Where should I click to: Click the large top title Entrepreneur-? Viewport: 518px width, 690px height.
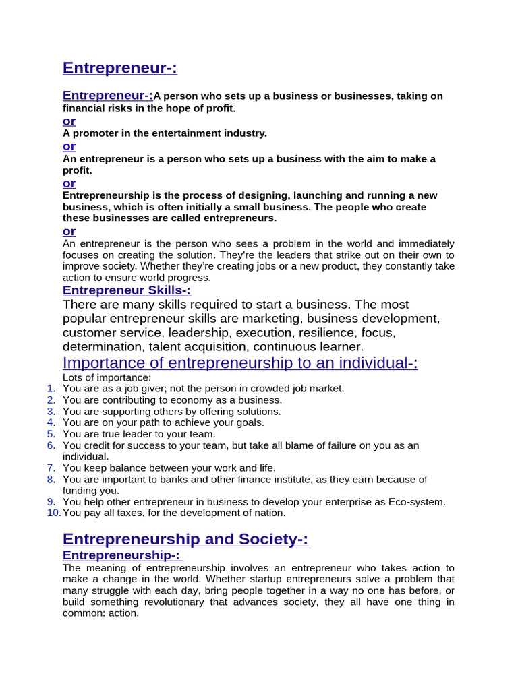(119, 68)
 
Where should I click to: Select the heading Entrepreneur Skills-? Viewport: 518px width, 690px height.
(126, 290)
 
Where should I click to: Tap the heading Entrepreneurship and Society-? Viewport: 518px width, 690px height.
(185, 539)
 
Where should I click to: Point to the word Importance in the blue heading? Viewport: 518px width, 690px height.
(96, 363)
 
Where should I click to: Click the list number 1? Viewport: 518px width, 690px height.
(51, 388)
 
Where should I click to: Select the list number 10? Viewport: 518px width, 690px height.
(53, 513)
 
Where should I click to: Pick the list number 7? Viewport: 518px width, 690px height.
(51, 468)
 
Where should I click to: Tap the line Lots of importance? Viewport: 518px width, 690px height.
(107, 377)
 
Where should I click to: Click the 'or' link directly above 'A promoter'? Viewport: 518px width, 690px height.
(69, 121)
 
